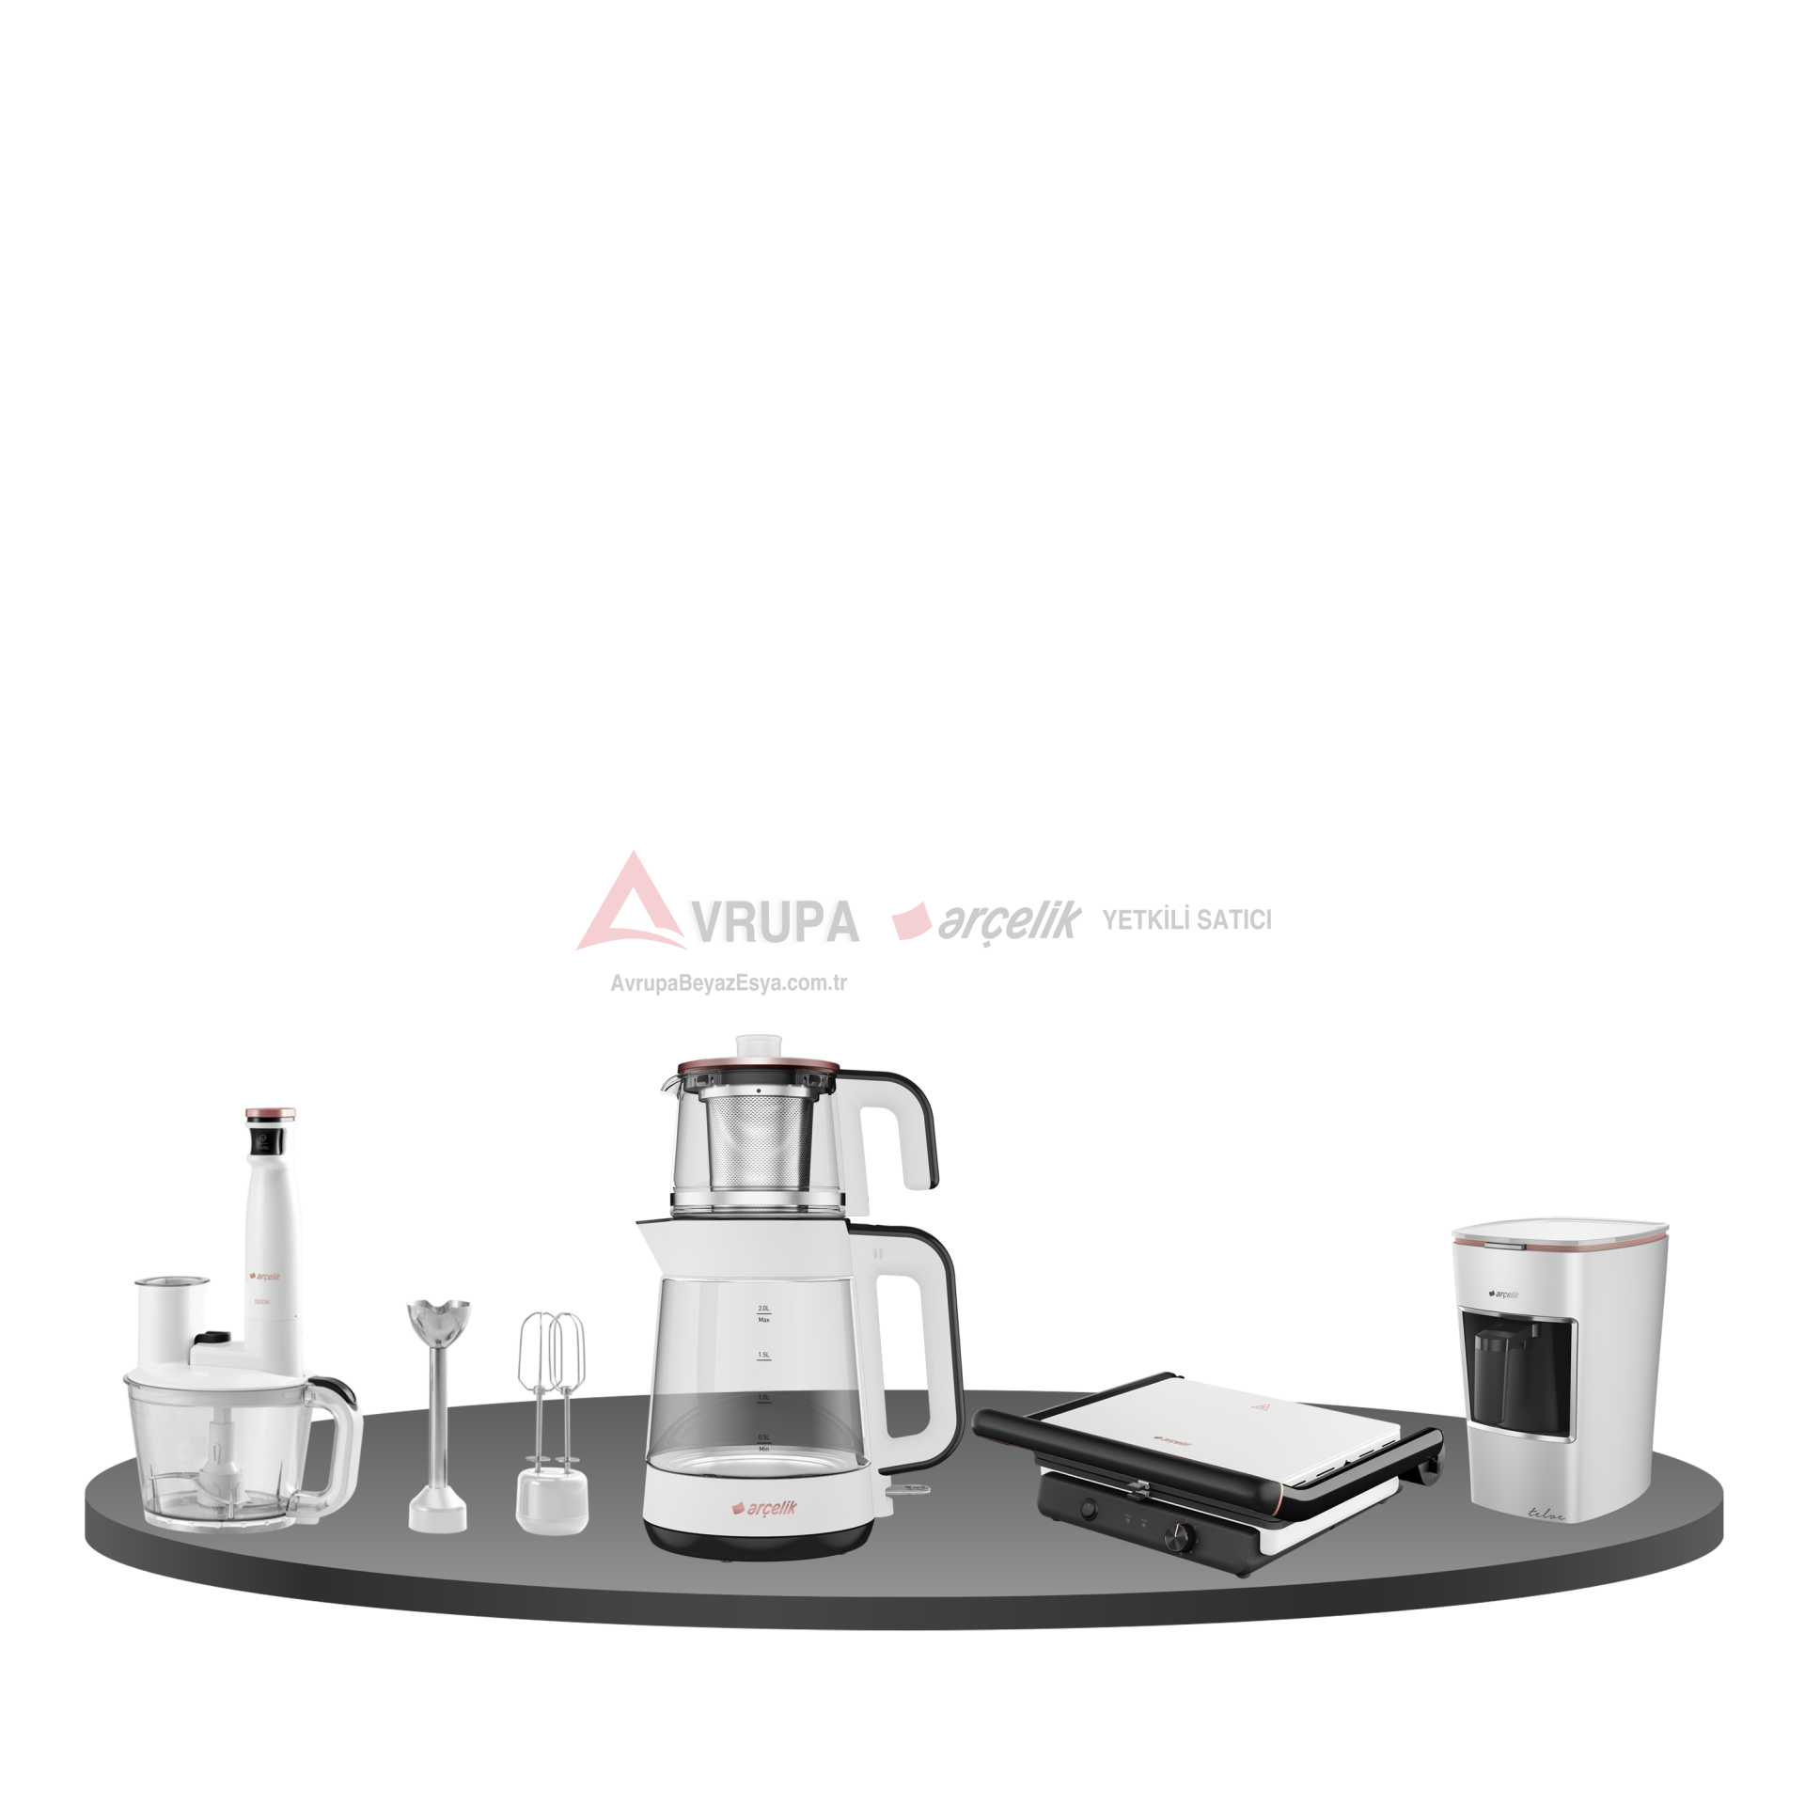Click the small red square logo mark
917,924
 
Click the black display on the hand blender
259,1141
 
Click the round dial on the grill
1178,1534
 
